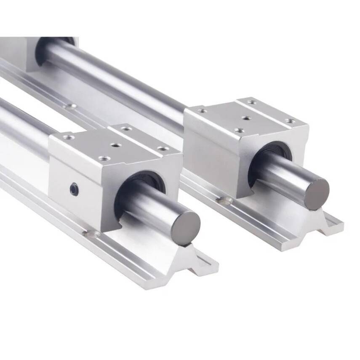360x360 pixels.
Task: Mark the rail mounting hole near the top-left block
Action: tap(71, 106)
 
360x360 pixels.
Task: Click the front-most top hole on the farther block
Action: tap(239, 131)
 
